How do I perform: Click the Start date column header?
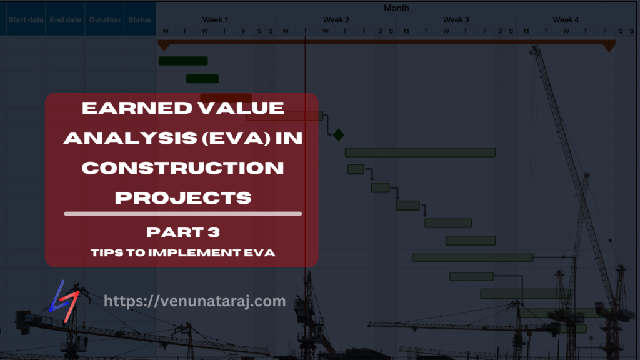pyautogui.click(x=26, y=20)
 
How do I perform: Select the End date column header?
pyautogui.click(x=66, y=20)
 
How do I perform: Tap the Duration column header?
pyautogui.click(x=104, y=20)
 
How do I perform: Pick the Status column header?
pyautogui.click(x=139, y=20)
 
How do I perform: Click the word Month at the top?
pyautogui.click(x=397, y=8)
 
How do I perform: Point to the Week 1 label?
pyautogui.click(x=215, y=20)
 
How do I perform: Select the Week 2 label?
pyautogui.click(x=336, y=20)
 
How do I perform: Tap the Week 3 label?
pyautogui.click(x=456, y=20)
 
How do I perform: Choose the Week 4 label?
pyautogui.click(x=566, y=20)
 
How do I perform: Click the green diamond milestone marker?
pyautogui.click(x=339, y=134)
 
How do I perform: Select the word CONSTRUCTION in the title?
pyautogui.click(x=182, y=167)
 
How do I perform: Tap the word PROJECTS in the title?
pyautogui.click(x=183, y=197)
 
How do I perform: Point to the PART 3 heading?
pyautogui.click(x=182, y=232)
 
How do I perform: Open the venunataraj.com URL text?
pyautogui.click(x=194, y=301)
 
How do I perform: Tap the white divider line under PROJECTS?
pyautogui.click(x=182, y=214)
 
